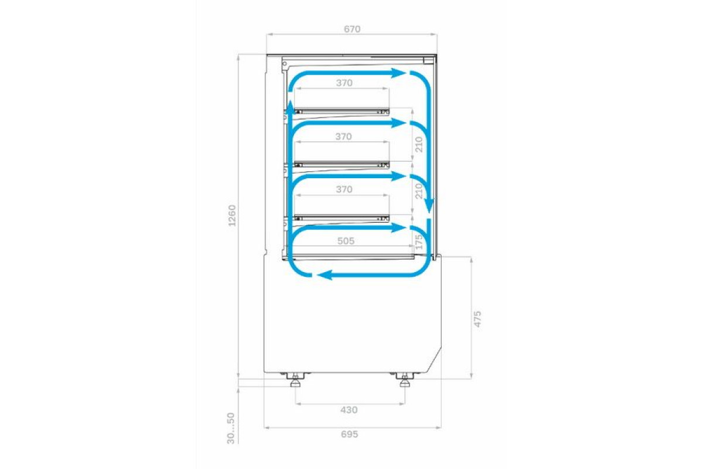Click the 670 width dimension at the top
[x=352, y=29]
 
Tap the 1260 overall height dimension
[x=232, y=216]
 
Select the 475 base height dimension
[x=477, y=319]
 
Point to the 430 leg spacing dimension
[x=349, y=410]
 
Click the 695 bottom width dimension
[x=349, y=434]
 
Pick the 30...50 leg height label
[x=231, y=428]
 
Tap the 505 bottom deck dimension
[x=346, y=241]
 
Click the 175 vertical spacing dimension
[x=419, y=242]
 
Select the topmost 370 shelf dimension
[x=344, y=83]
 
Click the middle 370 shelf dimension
[x=344, y=137]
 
